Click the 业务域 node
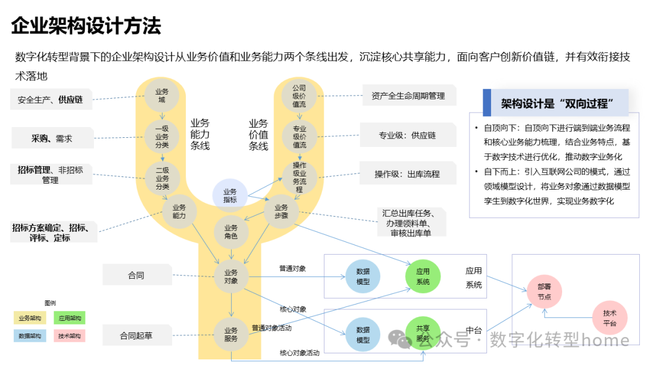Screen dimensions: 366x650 tap(161, 96)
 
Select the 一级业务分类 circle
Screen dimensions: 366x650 tap(161, 136)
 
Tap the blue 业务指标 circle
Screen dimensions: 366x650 tap(229, 196)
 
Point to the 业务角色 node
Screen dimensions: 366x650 tap(231, 232)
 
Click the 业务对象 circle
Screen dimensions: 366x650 tap(231, 276)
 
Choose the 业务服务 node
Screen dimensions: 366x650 tap(231, 335)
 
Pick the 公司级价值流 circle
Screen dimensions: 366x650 tap(299, 96)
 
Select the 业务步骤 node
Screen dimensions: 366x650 tap(282, 211)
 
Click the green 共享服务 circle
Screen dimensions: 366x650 tap(423, 334)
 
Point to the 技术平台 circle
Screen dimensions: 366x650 tap(610, 317)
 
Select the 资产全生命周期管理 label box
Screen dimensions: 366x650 tap(408, 95)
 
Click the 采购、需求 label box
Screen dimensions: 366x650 tap(52, 138)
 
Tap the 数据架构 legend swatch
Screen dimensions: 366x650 tap(29, 335)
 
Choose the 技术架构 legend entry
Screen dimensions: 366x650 tap(69, 335)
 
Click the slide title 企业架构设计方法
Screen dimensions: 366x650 tap(87, 26)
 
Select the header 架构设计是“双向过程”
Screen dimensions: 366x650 tap(557, 103)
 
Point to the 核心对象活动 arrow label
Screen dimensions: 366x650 tap(300, 352)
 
